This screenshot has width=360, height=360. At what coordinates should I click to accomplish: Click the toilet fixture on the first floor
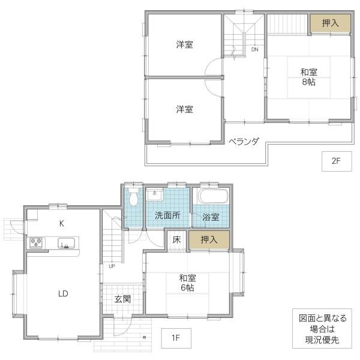(x=133, y=196)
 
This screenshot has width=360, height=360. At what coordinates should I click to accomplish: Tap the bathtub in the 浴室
(x=214, y=196)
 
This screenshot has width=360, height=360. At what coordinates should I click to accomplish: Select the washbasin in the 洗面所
(x=155, y=194)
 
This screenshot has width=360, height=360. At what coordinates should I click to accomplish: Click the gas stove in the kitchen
(x=36, y=242)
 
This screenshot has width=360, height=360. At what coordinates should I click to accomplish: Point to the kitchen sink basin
(x=66, y=243)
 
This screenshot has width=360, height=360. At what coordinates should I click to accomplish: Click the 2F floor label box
(x=337, y=161)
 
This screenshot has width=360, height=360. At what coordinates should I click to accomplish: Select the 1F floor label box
(x=176, y=338)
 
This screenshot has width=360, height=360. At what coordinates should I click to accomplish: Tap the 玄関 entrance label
(x=122, y=299)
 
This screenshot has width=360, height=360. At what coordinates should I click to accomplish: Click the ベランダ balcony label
(x=244, y=142)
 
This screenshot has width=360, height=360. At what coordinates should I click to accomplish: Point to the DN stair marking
(x=254, y=49)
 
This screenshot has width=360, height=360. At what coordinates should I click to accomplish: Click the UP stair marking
(x=112, y=266)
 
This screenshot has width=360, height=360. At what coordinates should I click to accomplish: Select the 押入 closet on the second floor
(x=331, y=23)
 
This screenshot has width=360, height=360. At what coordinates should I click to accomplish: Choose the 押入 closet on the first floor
(x=209, y=240)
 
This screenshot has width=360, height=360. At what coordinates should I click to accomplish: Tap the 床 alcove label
(x=176, y=240)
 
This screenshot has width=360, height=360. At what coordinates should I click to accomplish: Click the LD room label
(x=63, y=293)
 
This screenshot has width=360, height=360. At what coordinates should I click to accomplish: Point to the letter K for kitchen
(x=62, y=223)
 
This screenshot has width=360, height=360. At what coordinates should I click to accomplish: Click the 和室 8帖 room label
(x=309, y=77)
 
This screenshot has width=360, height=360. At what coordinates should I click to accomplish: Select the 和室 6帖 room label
(x=188, y=283)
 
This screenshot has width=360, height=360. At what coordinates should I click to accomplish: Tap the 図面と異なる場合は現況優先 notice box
(x=322, y=329)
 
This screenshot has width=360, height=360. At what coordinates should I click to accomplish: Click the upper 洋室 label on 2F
(x=184, y=44)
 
